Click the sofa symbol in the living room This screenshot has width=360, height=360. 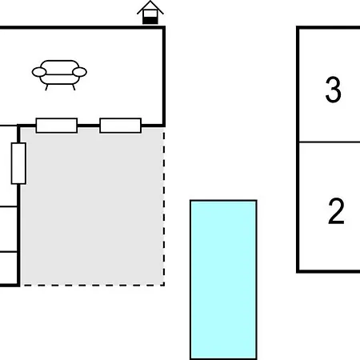pos(59,74)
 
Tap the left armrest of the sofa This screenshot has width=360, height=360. pos(39,72)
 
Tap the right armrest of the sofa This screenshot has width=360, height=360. pos(79,72)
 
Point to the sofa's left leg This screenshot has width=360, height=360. pos(46,87)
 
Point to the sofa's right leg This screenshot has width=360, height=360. pos(74,87)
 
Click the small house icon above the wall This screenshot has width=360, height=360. pos(150,13)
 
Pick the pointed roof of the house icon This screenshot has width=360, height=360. pos(150,7)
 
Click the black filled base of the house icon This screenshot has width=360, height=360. pos(150,21)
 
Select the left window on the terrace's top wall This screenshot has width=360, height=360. pos(57,126)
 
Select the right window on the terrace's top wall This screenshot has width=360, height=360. pos(121,126)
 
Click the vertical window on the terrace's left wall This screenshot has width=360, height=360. pos(18,163)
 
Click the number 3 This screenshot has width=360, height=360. pos(333,90)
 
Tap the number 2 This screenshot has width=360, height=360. pos(336,210)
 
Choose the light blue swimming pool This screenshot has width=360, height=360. pos(223,279)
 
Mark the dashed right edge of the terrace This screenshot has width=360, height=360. pos(164,206)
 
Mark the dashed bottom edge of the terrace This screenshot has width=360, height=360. pos(92,285)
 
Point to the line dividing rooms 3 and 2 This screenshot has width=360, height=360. pos(330,142)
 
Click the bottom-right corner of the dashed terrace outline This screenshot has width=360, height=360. pos(164,285)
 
